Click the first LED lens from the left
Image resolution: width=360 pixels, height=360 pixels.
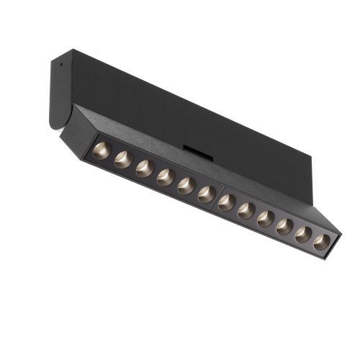102,150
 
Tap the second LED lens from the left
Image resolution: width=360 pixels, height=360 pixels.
123,160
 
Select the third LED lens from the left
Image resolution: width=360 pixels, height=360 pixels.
145,168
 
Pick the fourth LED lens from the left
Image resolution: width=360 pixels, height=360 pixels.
166,177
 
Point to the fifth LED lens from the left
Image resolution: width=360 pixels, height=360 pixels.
186,186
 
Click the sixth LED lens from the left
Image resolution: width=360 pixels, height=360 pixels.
207,194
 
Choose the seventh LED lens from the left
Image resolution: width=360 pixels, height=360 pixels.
227,202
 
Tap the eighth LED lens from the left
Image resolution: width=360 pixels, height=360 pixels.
247,211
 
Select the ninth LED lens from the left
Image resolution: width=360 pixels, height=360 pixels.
266,219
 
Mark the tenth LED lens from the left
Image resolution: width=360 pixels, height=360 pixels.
285,227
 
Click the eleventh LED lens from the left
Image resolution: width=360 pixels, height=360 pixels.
304,235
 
